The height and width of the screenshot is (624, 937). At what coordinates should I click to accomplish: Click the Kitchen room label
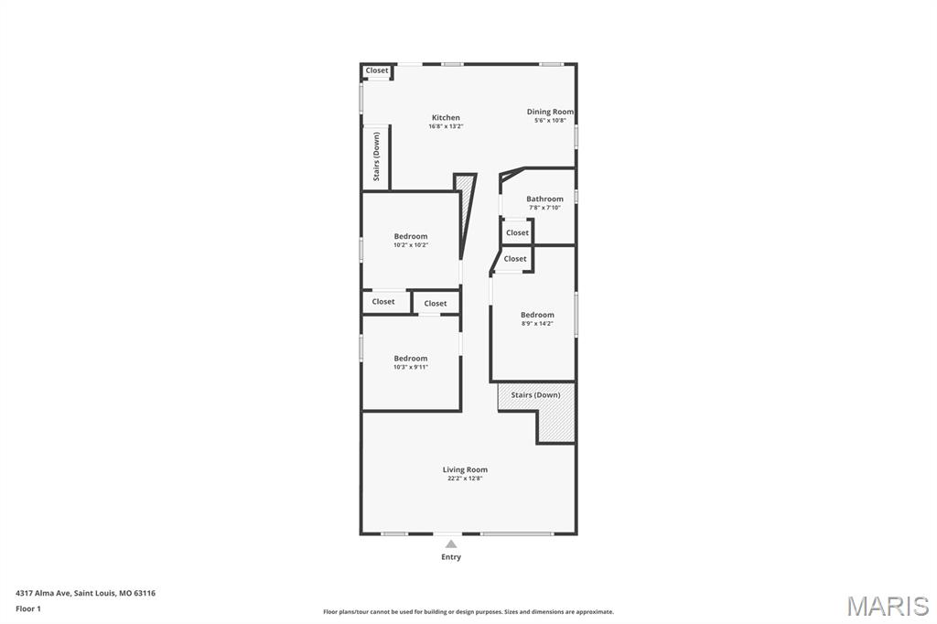coord(446,118)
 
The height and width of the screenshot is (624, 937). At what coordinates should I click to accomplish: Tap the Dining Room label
coord(550,112)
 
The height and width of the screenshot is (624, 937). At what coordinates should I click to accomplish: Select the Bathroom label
coord(544,199)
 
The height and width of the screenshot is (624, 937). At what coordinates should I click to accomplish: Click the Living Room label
coord(465,469)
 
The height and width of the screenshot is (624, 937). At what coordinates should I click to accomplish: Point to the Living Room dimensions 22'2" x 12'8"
coord(465,479)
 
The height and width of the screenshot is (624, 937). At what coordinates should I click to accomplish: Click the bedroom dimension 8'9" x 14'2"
coord(537,324)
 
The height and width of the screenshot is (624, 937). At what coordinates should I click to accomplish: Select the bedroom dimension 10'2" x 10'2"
coord(411,245)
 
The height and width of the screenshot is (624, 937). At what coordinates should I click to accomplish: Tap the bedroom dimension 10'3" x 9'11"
coord(411,368)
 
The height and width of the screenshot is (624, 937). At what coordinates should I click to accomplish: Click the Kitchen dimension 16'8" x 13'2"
coord(446,126)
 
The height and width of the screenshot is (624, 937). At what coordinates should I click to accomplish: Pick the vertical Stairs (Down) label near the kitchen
coord(376,156)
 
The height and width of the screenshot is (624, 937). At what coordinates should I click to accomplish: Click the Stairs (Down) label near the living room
coord(535,395)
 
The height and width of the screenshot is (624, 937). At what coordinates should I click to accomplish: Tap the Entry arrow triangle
coord(451,543)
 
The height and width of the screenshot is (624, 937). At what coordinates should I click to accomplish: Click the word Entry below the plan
coord(451,557)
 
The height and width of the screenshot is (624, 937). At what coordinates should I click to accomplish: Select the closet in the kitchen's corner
coord(376,70)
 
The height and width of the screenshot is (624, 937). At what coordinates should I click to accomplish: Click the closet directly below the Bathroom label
coord(518,233)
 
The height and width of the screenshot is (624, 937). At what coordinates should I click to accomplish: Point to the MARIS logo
coord(888,606)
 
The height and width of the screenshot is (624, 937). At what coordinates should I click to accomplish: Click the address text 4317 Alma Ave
coord(44,594)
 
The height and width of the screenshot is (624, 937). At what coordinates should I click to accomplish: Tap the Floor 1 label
coord(28,609)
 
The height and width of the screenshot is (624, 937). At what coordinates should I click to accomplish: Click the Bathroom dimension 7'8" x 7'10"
coord(544,208)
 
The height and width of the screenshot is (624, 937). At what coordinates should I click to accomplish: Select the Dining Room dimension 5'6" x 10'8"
coord(550,121)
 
